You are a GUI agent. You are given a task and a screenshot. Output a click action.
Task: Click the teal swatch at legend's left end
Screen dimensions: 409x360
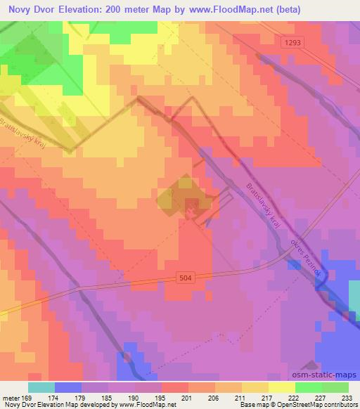point(42,387)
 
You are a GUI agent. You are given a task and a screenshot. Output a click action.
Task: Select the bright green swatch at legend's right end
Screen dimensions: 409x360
point(335,387)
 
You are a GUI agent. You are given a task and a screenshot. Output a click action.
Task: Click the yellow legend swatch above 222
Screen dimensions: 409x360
point(281,387)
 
